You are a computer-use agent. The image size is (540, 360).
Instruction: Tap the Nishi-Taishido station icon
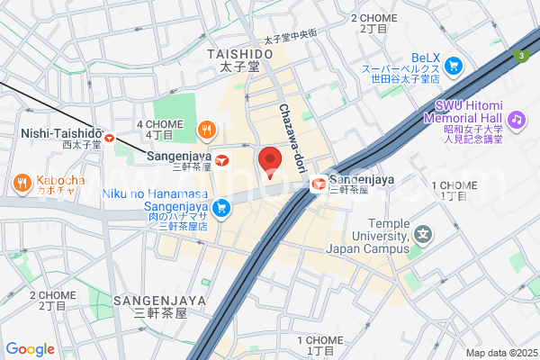point(109,138)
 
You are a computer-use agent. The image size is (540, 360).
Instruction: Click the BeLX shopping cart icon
point(453,65)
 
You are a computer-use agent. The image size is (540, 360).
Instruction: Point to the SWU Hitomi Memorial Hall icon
point(516,118)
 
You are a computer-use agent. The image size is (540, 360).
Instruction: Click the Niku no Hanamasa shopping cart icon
point(221,209)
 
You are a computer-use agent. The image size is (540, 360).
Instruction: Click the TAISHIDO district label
point(239,55)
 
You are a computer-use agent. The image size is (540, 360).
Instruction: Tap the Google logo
point(31,349)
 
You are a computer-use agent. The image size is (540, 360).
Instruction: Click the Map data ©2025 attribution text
point(499,353)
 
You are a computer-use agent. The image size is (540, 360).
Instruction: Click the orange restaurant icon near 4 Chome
point(207,130)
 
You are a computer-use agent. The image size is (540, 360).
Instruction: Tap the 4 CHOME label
point(154,123)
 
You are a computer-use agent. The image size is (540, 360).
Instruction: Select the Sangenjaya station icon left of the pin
point(221,160)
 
